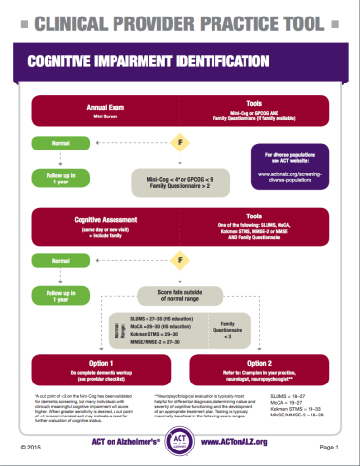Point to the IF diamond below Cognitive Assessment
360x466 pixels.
[180, 234]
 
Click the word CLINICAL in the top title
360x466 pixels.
[69, 17]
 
